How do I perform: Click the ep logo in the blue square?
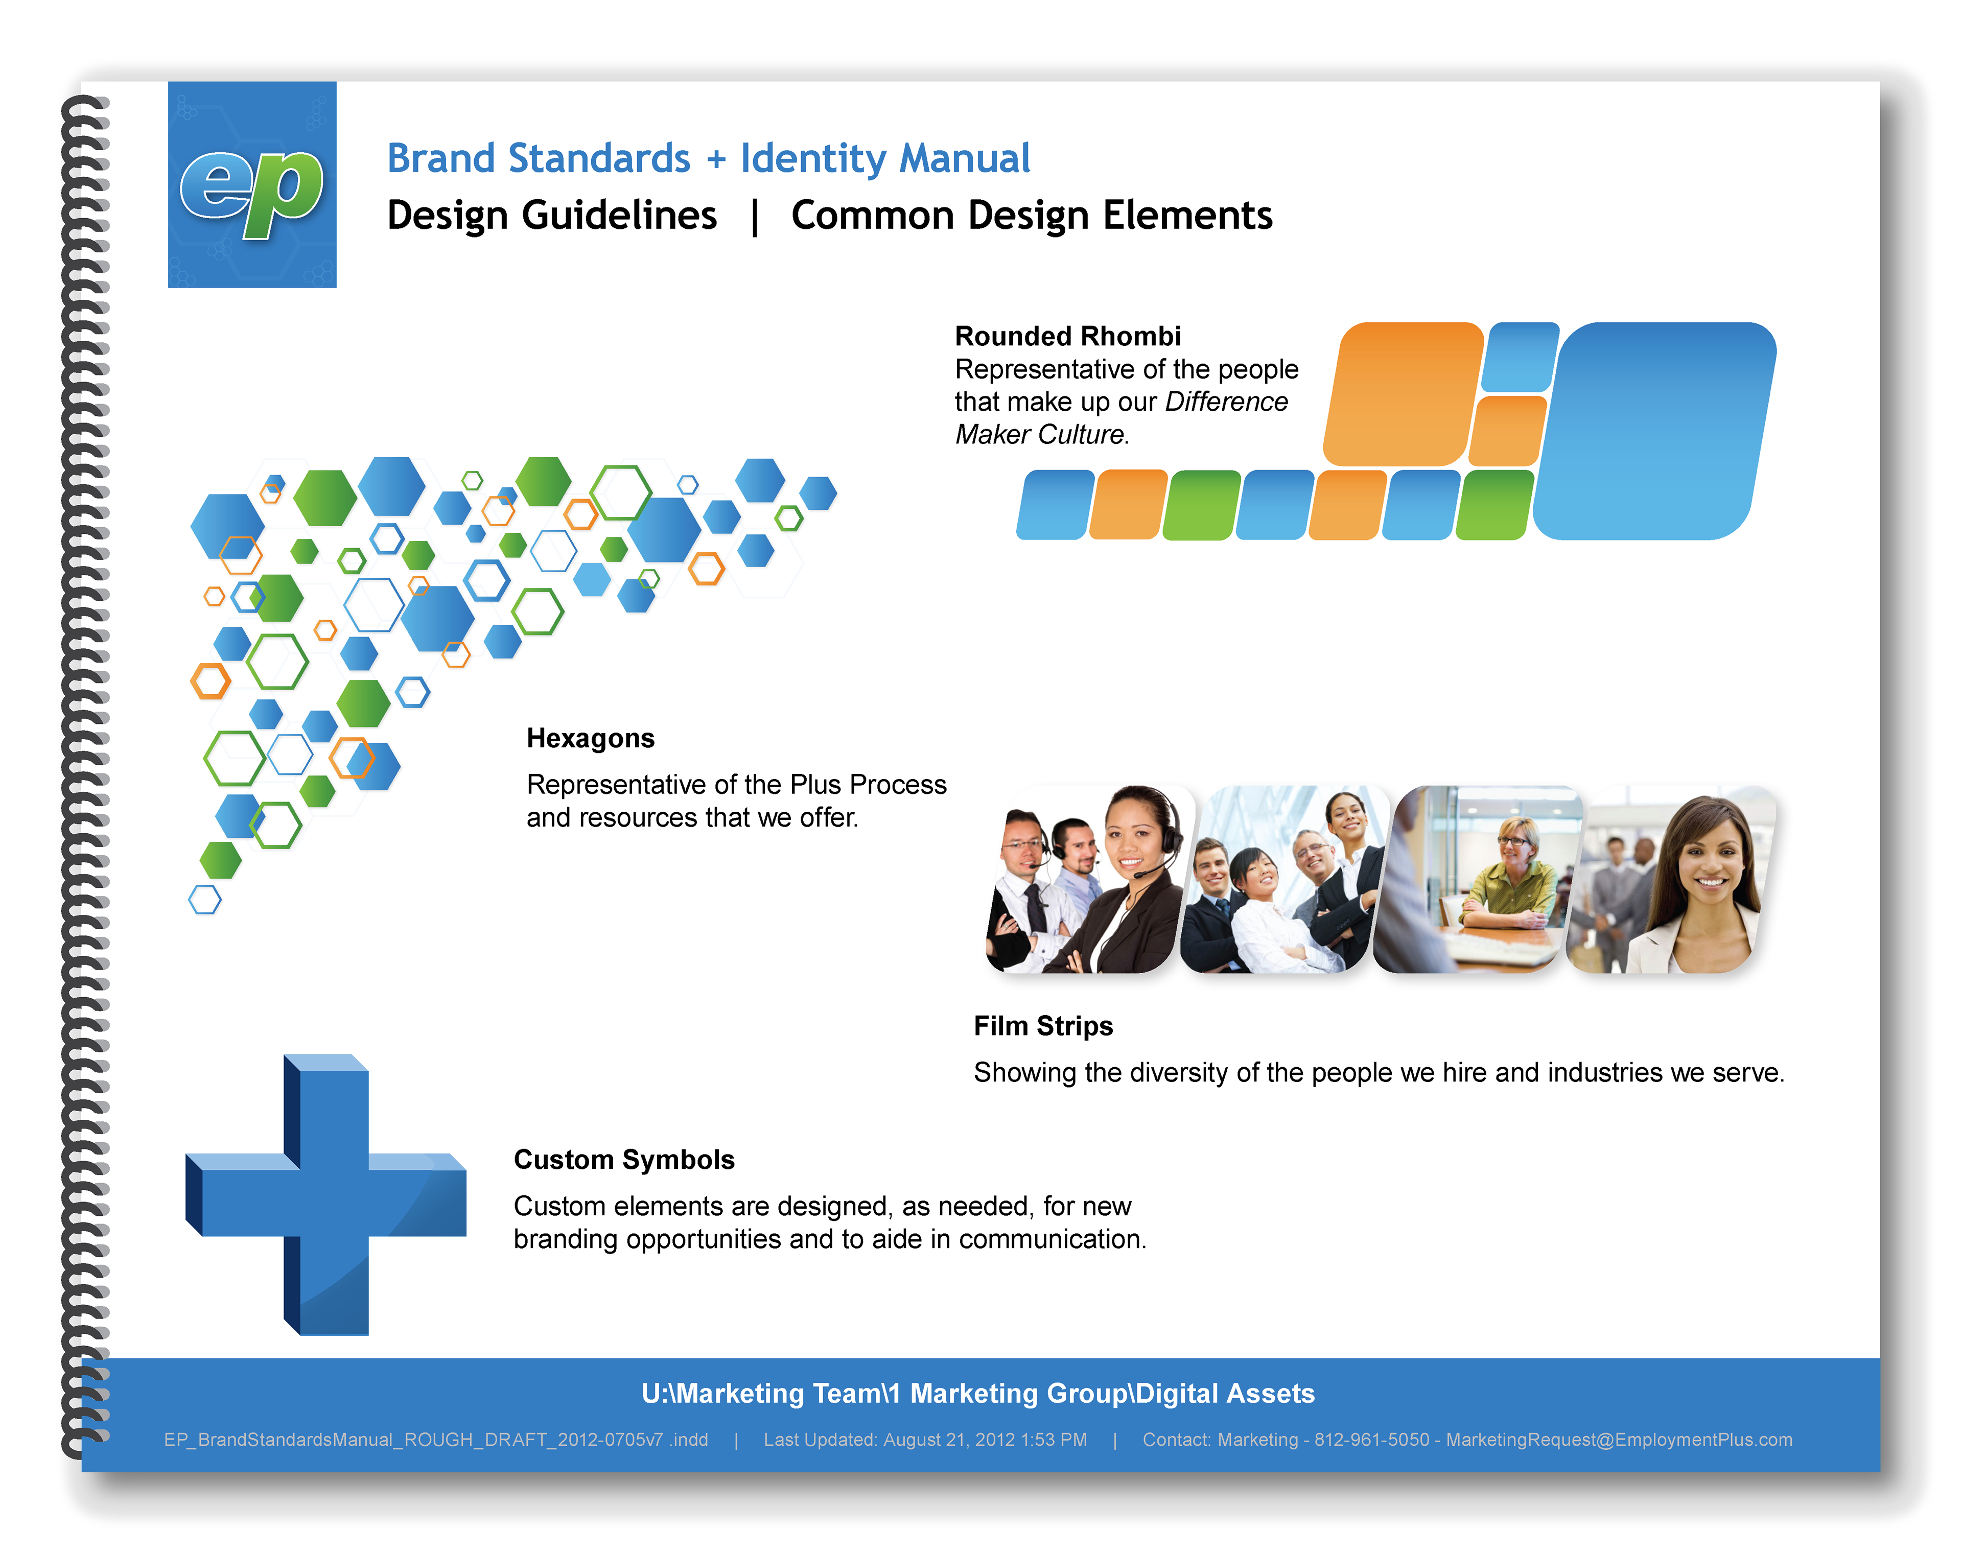point(252,191)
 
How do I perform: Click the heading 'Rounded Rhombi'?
point(1067,337)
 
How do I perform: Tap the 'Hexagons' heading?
point(590,738)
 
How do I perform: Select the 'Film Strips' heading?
point(1043,1026)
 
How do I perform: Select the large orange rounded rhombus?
point(1403,394)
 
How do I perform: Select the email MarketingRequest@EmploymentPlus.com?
point(1619,1440)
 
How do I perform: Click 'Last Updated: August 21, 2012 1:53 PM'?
point(925,1440)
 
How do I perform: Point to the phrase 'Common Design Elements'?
point(1032,216)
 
